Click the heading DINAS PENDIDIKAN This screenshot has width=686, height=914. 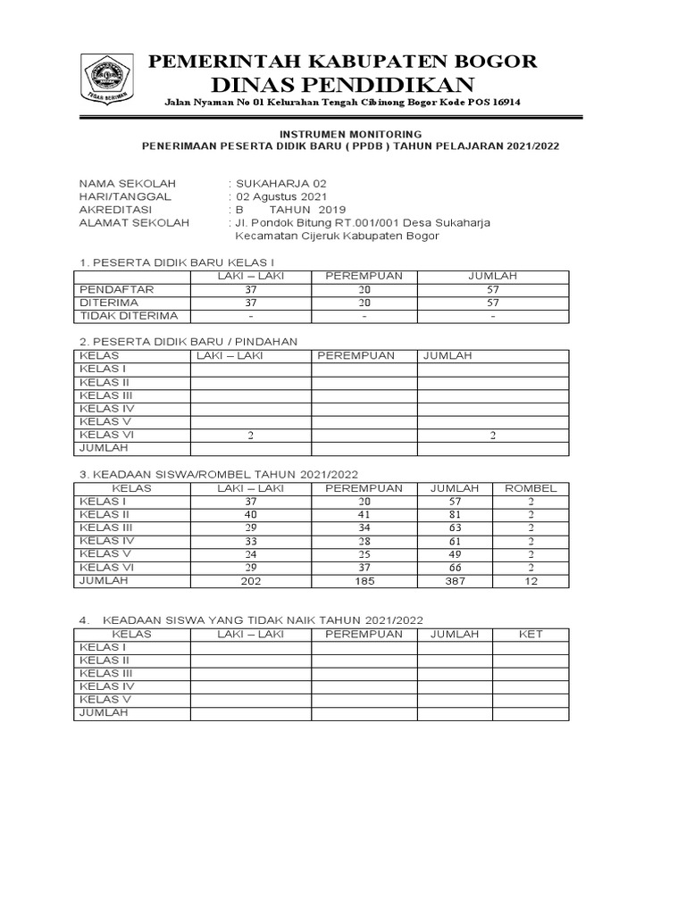pyautogui.click(x=342, y=84)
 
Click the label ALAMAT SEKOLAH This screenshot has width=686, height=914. pyautogui.click(x=134, y=223)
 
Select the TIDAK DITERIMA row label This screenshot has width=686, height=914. pyautogui.click(x=129, y=316)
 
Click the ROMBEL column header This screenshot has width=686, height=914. pyautogui.click(x=531, y=488)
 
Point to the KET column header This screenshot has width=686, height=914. pyautogui.click(x=531, y=634)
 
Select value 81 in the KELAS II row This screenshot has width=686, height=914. pyautogui.click(x=456, y=515)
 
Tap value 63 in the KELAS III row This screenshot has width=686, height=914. pyautogui.click(x=456, y=528)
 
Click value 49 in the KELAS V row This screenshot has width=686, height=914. pyautogui.click(x=456, y=553)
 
